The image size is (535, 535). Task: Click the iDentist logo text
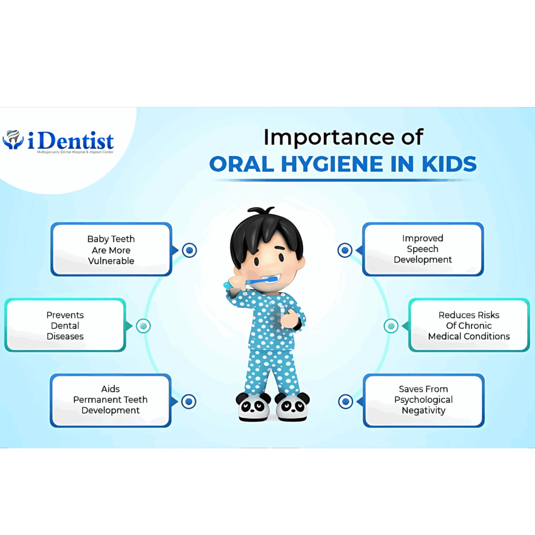point(71,141)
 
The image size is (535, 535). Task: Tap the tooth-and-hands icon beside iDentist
point(13,139)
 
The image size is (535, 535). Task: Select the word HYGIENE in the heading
point(333,164)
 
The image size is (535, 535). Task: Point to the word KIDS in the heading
point(449,164)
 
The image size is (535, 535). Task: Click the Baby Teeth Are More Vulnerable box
point(111,249)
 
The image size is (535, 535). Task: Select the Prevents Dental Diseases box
point(65,325)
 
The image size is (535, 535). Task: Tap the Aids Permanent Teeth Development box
point(111,400)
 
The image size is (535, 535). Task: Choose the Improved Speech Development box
point(423,249)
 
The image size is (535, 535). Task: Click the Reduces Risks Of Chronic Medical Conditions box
point(469,325)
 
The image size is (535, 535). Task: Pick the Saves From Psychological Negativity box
point(424,400)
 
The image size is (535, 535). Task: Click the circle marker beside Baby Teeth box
point(189,250)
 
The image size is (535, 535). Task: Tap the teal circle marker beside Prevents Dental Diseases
point(143,326)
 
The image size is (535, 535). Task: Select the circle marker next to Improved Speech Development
point(345,250)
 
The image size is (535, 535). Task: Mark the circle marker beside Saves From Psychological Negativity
point(346,402)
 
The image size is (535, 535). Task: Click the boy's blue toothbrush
point(251,282)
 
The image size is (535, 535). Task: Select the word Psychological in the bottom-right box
point(423,400)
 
